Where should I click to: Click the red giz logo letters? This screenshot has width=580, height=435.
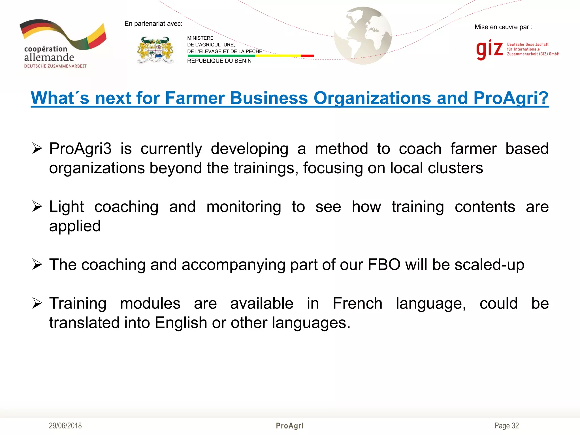[489, 49]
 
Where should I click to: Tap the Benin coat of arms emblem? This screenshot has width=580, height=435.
[155, 50]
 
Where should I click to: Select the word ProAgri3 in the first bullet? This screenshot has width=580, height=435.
[80, 149]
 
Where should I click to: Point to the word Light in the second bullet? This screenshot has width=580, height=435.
[67, 207]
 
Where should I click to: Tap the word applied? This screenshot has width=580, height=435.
[75, 226]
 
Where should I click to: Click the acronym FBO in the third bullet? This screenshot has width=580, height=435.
[384, 265]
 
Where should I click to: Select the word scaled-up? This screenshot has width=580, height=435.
[489, 265]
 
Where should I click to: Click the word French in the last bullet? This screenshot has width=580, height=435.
[357, 303]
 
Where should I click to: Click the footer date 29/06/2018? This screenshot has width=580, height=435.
[65, 426]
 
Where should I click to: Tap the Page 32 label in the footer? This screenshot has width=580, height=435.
[506, 426]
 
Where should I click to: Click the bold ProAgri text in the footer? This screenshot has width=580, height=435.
[290, 426]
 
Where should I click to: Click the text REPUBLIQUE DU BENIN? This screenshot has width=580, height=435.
[219, 61]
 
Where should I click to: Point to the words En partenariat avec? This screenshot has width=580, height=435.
[153, 24]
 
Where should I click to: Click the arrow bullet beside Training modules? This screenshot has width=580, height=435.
[37, 303]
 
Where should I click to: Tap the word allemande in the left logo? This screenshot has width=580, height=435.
[49, 57]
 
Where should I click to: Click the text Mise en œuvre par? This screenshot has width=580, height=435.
[503, 27]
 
